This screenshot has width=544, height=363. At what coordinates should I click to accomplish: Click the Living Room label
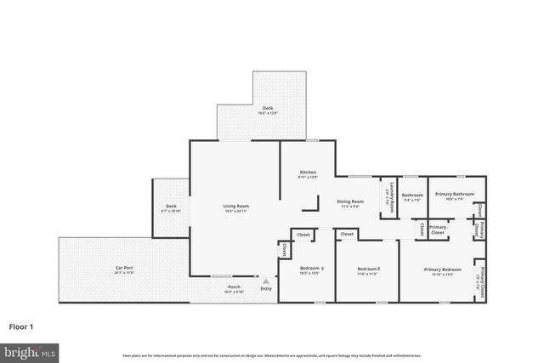[x=235, y=206]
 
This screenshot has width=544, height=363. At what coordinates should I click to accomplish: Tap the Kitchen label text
[x=307, y=172]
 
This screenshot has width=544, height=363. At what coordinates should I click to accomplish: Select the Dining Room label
[x=349, y=201]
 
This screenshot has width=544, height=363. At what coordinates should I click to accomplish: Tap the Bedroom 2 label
[x=367, y=269]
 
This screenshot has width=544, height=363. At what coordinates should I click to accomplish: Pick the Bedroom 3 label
[x=311, y=269]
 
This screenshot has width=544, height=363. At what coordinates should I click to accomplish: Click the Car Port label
[x=124, y=268]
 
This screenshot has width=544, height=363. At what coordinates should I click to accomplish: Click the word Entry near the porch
[x=266, y=289]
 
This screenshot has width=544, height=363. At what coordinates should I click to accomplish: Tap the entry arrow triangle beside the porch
[x=266, y=281]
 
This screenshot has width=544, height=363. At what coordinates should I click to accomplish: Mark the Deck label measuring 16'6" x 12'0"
[x=268, y=108]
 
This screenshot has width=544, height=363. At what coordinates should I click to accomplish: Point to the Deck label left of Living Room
[x=171, y=206]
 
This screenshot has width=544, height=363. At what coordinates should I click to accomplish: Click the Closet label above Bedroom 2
[x=347, y=234]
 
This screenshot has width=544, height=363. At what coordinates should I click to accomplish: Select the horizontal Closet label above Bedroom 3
[x=303, y=234]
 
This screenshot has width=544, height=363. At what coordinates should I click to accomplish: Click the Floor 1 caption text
[x=20, y=326]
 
